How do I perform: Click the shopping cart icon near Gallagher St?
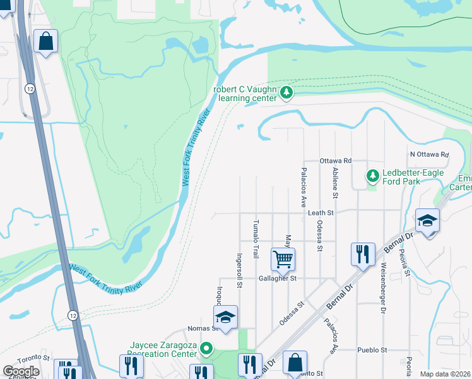[x=283, y=258]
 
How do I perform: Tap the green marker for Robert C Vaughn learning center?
[x=287, y=93]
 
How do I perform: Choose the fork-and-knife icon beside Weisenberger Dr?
[x=363, y=254]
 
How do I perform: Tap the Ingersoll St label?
[x=239, y=270]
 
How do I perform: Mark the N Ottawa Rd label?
[x=429, y=154]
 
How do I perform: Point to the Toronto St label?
[x=32, y=358]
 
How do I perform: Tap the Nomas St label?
[x=203, y=329]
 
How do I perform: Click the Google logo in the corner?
[x=21, y=371]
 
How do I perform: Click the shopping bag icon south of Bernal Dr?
[x=295, y=363]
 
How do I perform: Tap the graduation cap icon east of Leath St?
[x=427, y=220]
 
